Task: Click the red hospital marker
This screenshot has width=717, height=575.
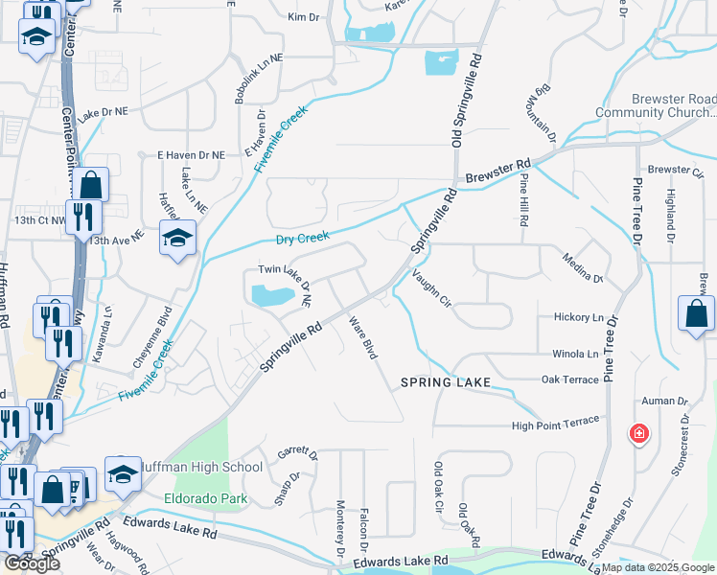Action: (x=638, y=434)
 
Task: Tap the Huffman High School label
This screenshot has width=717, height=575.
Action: (x=201, y=468)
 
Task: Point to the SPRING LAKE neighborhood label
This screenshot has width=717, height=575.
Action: (x=446, y=382)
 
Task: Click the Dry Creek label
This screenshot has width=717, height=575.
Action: (x=302, y=237)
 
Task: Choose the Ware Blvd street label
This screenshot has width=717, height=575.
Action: (x=363, y=338)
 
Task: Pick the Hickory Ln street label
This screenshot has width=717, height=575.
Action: (x=579, y=317)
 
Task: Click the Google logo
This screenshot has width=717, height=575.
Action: (x=32, y=563)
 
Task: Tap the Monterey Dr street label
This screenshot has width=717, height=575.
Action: (x=340, y=529)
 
